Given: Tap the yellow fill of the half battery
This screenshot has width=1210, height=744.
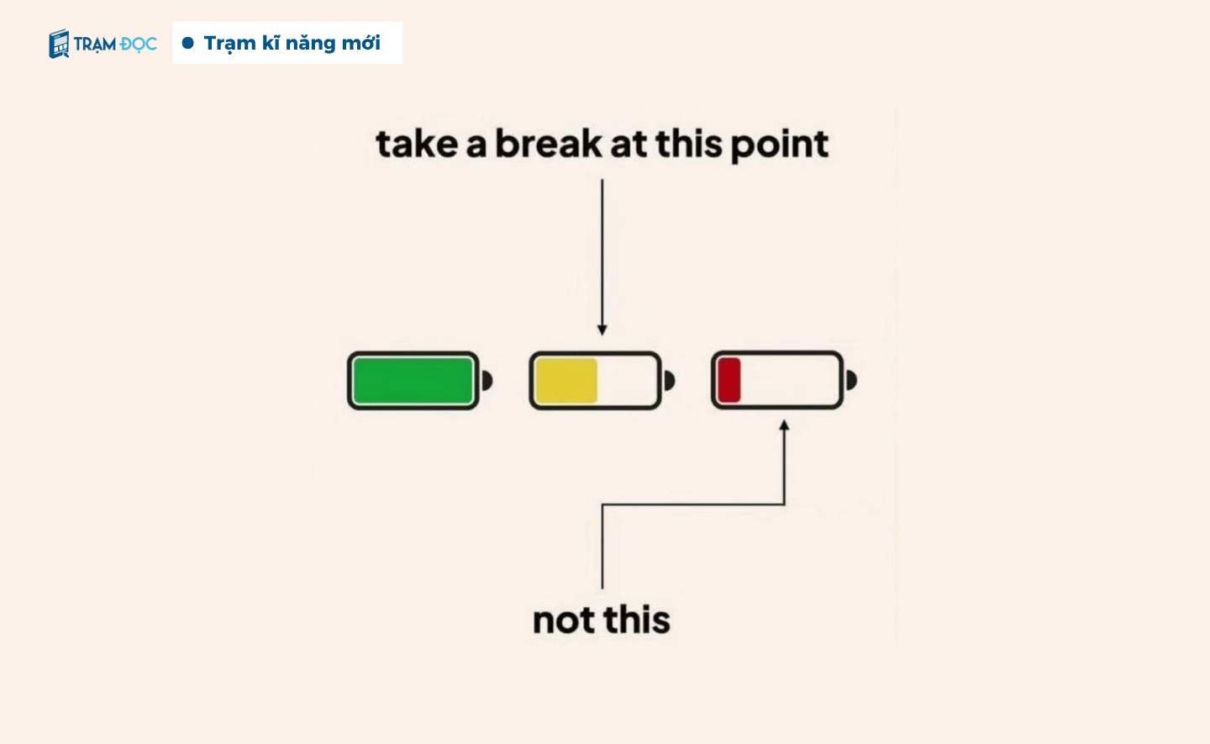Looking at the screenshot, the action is click(x=566, y=380).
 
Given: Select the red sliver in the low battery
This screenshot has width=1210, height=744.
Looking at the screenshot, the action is click(x=729, y=380).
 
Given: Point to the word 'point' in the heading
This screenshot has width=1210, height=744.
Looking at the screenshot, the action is click(x=780, y=145).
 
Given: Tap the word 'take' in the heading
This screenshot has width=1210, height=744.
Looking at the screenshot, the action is click(x=417, y=145).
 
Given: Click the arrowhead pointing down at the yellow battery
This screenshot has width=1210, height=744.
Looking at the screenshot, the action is click(x=602, y=330).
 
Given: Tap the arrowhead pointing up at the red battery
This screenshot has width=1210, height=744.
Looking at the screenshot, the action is click(x=784, y=425).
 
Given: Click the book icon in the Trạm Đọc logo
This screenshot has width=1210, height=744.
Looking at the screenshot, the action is click(x=59, y=44).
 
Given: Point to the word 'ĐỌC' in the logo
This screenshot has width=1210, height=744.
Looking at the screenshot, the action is click(x=139, y=45).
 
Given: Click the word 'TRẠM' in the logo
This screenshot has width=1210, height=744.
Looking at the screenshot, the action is click(x=94, y=45).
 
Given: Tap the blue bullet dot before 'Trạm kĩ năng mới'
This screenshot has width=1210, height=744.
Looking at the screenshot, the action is click(x=188, y=43).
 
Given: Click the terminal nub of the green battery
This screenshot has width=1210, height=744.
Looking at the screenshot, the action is click(x=487, y=380).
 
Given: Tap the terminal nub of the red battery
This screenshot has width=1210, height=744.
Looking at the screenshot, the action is click(x=851, y=380).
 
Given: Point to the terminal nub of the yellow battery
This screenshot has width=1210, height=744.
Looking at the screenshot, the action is click(x=669, y=380).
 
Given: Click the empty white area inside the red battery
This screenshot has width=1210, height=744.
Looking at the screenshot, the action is click(x=789, y=380).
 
